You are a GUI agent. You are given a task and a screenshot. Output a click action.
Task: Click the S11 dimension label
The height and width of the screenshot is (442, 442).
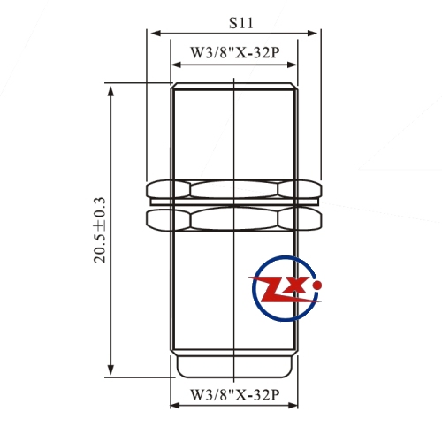click(241, 23)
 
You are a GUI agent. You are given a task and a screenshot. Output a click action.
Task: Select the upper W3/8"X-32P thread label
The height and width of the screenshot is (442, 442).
click(234, 53)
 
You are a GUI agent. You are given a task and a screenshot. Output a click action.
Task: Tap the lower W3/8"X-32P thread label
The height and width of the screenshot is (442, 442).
click(234, 394)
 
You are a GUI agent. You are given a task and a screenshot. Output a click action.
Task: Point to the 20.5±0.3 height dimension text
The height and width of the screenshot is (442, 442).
click(100, 230)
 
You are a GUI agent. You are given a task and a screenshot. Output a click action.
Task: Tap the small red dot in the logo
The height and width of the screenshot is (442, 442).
click(317, 285)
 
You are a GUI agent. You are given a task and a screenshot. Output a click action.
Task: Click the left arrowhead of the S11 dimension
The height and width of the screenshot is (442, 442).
click(156, 33)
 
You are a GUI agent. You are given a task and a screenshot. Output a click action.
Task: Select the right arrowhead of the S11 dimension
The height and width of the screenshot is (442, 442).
click(312, 33)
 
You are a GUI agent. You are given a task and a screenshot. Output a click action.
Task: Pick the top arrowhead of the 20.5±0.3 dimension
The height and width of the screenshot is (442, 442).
click(110, 92)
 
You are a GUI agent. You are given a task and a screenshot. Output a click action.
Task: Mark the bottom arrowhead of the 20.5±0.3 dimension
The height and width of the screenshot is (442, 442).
click(110, 369)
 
